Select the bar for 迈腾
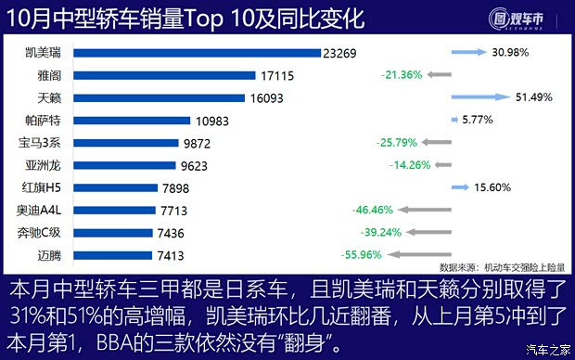pos(112,255)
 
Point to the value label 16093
pos(268,97)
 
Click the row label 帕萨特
pos(45,121)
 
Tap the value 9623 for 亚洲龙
pos(198,165)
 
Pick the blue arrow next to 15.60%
pos(459,187)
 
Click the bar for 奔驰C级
pos(112,233)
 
